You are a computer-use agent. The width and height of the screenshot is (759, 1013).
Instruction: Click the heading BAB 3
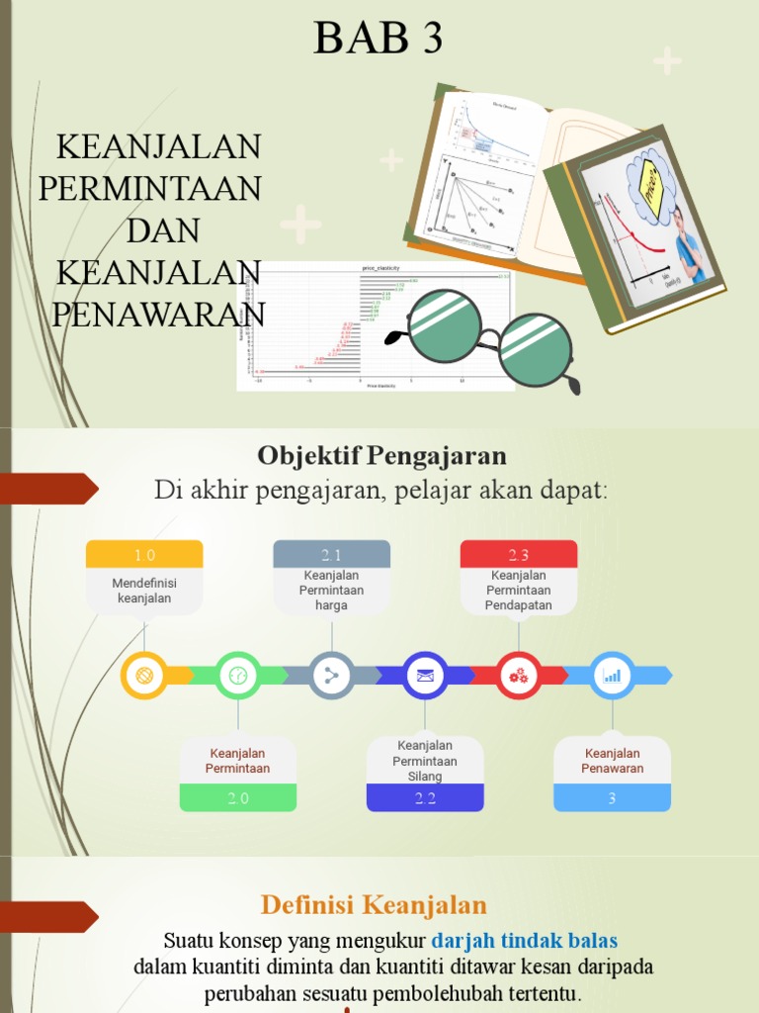[379, 39]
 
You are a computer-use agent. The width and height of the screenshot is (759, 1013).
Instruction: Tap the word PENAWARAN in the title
[158, 314]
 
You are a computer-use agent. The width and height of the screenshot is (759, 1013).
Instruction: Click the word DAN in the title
[163, 230]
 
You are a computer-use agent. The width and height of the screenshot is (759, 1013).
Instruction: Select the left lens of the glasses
[444, 327]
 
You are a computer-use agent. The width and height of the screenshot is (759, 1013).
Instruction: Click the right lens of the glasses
[535, 349]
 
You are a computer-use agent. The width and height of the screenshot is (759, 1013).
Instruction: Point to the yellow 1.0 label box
[144, 554]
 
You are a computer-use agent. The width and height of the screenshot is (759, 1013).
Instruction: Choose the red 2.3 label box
[519, 554]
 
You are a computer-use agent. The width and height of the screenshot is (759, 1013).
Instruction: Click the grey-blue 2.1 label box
[331, 554]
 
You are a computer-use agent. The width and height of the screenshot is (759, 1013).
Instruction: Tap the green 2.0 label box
[238, 797]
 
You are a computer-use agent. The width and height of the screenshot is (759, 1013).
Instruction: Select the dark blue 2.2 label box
[425, 797]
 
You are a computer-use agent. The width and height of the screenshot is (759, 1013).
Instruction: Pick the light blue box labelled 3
[612, 797]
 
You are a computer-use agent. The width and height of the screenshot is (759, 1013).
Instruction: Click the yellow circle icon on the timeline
[144, 676]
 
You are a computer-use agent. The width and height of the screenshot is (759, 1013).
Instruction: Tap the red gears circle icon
[519, 676]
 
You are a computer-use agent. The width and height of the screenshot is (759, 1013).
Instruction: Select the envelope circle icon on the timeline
[425, 676]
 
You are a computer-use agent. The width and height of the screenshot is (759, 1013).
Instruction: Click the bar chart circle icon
[612, 676]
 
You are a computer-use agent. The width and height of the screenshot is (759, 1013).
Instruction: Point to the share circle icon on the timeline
[331, 676]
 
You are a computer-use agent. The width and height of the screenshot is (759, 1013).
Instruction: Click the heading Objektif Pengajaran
[381, 455]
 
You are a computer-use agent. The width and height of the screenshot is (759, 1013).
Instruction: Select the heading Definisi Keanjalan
[374, 904]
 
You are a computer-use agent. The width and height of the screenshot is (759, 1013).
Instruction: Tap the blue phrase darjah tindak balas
[524, 940]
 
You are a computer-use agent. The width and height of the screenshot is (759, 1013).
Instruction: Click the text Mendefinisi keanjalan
[144, 591]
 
